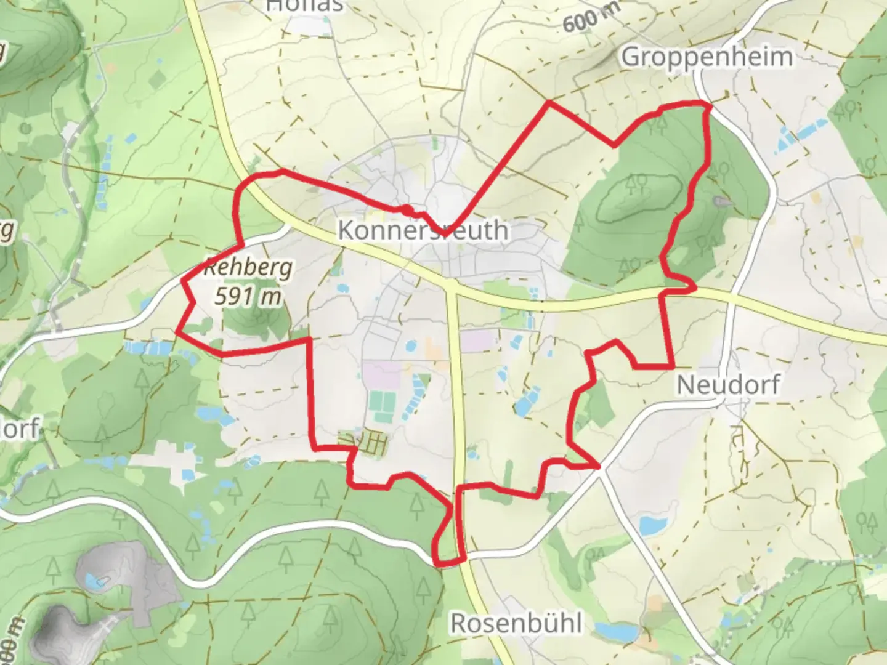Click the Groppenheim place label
tap(707, 57)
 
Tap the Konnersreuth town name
tap(424, 230)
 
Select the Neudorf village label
tap(728, 385)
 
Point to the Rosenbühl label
tap(516, 623)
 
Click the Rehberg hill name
tap(248, 268)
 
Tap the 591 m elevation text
tap(248, 297)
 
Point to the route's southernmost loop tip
tap(439, 562)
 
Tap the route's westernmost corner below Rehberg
tap(177, 332)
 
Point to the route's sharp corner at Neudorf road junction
tap(598, 467)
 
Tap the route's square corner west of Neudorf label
tap(671, 367)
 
